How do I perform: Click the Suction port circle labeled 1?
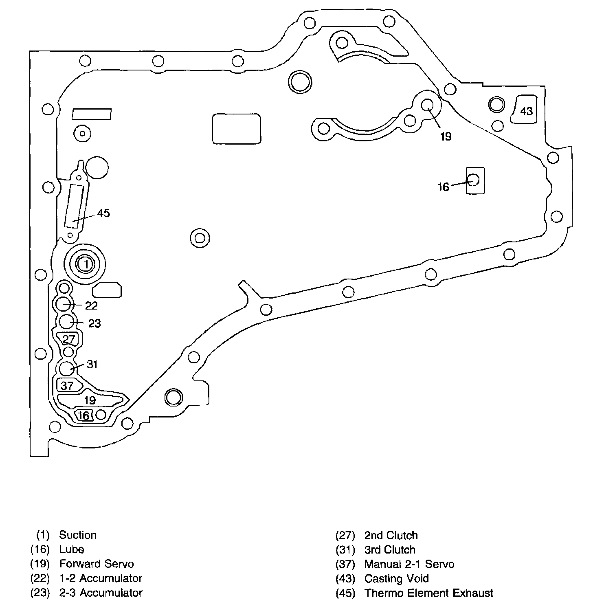[x=86, y=264]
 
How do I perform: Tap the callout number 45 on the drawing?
[x=104, y=213]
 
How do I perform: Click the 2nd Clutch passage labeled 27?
[x=69, y=339]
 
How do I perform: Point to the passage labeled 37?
[x=68, y=385]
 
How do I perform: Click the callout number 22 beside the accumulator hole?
[x=91, y=305]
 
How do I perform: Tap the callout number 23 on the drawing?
[x=94, y=323]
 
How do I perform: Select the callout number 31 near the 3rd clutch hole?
[x=92, y=364]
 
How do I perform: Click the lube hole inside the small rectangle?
[x=473, y=180]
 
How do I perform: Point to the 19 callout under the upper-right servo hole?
[x=446, y=136]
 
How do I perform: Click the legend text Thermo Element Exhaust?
[x=429, y=593]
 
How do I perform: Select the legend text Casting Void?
[x=396, y=578]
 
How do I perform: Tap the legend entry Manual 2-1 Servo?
[x=409, y=564]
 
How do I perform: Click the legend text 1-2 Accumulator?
[x=101, y=578]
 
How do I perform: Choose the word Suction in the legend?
[x=78, y=535]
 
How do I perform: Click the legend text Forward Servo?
[x=97, y=564]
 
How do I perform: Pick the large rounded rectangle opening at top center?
[x=236, y=129]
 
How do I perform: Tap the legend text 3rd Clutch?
[x=390, y=550]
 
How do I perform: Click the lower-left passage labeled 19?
[x=90, y=400]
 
